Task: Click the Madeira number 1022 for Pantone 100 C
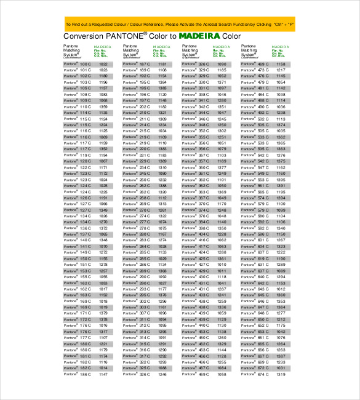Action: pyautogui.click(x=103, y=64)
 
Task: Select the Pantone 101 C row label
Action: pyautogui.click(x=77, y=70)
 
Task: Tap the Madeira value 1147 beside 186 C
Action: pyautogui.click(x=103, y=374)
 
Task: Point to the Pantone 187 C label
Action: pyautogui.click(x=136, y=64)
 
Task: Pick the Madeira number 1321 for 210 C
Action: pyautogui.click(x=162, y=113)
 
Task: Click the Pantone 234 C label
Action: pyautogui.click(x=136, y=167)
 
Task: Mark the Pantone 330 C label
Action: pyautogui.click(x=195, y=76)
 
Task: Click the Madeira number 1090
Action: pyautogui.click(x=221, y=64)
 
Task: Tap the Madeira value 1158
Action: pyautogui.click(x=280, y=64)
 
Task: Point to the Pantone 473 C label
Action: pyautogui.click(x=254, y=70)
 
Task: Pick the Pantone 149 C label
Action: pyautogui.click(x=77, y=252)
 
